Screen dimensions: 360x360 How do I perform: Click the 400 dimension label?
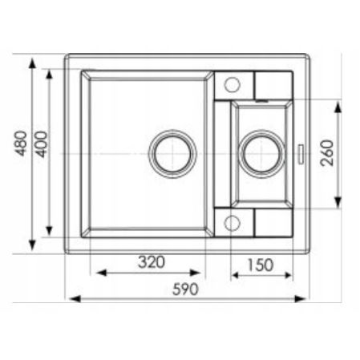[42, 144]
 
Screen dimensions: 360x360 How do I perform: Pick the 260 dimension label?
[326, 152]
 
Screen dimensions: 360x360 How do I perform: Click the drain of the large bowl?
[172, 152]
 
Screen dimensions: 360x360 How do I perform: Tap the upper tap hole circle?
[233, 83]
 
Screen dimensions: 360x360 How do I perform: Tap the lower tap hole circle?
[233, 222]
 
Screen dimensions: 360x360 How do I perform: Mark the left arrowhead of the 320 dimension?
[95, 273]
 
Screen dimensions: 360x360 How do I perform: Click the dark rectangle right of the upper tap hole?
[273, 84]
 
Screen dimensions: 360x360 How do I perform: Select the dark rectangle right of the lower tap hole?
[273, 222]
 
